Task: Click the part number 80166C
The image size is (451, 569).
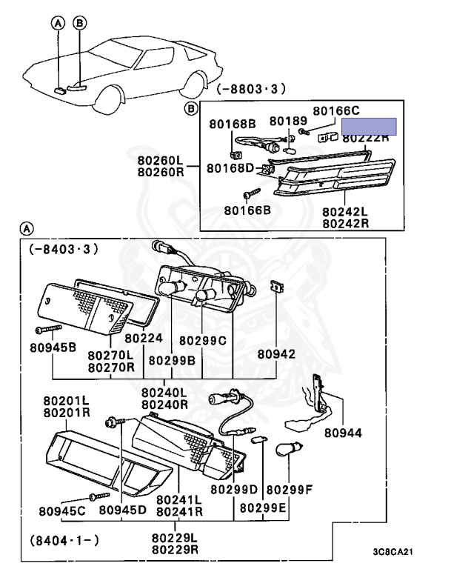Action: (335, 110)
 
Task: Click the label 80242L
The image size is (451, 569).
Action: (345, 211)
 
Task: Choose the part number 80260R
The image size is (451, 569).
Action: (159, 172)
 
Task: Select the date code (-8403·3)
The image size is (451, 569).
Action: (64, 249)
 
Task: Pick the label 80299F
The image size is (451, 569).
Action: (290, 490)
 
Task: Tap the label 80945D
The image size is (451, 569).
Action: (123, 510)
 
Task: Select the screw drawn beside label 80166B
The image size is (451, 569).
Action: (255, 193)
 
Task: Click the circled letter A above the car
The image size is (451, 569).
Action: (59, 24)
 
